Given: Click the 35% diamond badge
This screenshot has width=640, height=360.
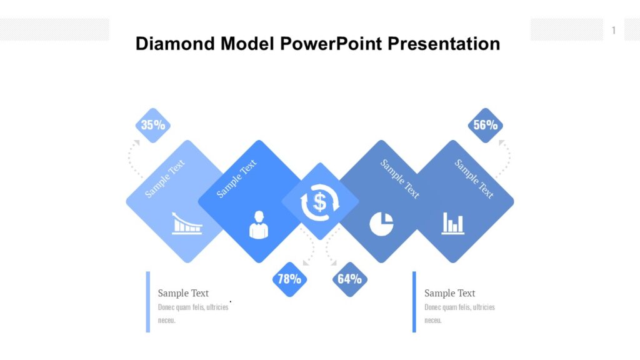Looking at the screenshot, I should point(153,125).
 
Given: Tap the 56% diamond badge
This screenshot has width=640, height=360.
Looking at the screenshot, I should point(485,125).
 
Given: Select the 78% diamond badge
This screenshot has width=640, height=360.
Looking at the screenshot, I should point(289,279).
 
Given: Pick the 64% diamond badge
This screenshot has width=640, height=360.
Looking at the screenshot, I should point(350,279).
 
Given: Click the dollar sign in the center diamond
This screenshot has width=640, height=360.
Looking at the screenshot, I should point(320,202).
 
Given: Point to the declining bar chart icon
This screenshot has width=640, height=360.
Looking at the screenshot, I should point(187,223).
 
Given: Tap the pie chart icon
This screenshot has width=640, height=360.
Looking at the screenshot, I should point(381,224).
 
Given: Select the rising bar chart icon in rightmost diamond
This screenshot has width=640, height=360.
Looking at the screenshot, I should point(452,223).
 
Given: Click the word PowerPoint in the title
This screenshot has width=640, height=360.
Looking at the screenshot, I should point(331,44).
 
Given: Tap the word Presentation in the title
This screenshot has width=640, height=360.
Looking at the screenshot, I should point(444,44).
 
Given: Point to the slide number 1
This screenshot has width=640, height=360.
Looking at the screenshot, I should point(614,30).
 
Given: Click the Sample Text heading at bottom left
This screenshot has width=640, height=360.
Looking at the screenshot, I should point(183,293).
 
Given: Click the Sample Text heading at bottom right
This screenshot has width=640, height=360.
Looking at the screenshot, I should point(449,293).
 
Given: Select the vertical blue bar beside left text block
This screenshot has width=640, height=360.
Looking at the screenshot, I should point(148,301).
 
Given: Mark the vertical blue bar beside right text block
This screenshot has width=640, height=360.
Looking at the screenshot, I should point(414,301).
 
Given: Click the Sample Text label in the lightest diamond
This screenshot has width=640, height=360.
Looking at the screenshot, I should point(165,179).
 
